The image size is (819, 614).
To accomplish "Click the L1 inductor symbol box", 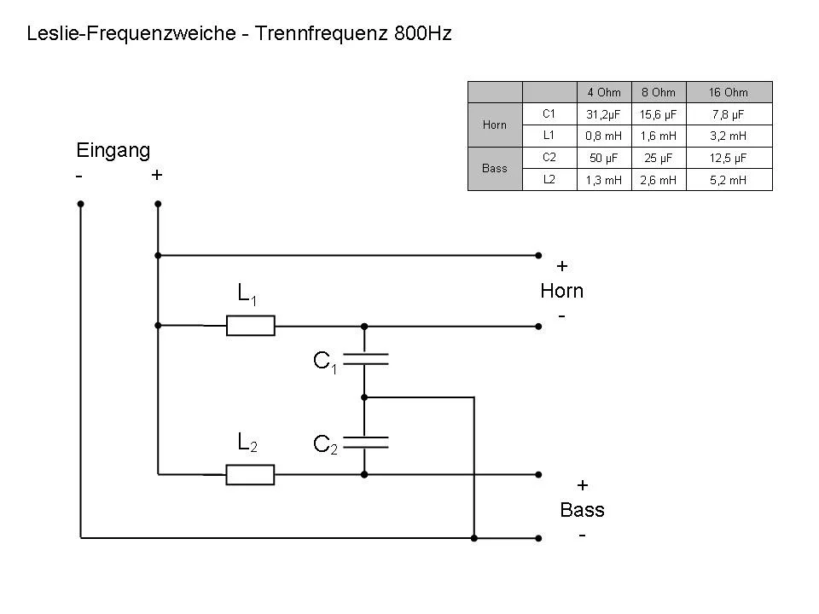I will pos(250,325).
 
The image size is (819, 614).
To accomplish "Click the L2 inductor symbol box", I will pos(250,474).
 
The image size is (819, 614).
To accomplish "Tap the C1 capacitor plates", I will pos(364,361).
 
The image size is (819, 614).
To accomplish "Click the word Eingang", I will pos(113,151).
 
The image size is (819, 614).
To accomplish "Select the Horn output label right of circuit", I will pos(561,291).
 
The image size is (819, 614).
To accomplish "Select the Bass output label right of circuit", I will pos(582,510).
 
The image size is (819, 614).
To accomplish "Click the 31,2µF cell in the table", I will pos(603,113).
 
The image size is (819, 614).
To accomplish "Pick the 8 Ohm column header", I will pos(658,92).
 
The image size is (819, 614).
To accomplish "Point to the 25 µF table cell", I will pos(658,158).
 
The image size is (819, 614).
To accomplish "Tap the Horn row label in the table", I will pos(495,125).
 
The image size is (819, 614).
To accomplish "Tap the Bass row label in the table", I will pos(495,169).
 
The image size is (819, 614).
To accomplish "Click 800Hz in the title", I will pos(423,35).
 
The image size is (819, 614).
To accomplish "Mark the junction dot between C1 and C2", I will pos(364,397).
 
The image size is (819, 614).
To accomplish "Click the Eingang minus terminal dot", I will pos(80,204).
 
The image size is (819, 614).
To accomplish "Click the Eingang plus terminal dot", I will pos(158,204).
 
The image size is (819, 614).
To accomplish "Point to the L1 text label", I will pos(247,294).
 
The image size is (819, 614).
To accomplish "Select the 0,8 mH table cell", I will pos(603,136).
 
